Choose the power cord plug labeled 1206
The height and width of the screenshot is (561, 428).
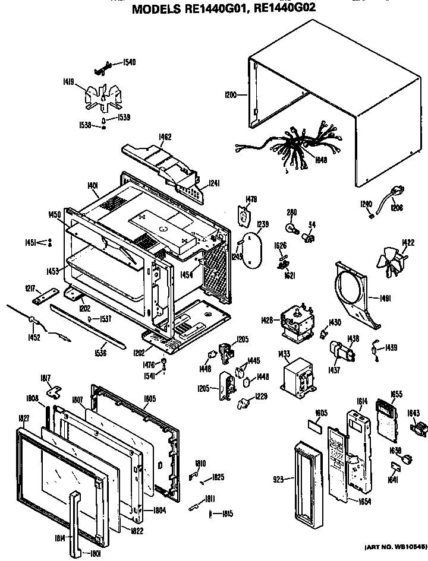(393, 193)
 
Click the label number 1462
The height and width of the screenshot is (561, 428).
(165, 137)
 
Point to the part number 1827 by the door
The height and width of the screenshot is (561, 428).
(24, 418)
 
